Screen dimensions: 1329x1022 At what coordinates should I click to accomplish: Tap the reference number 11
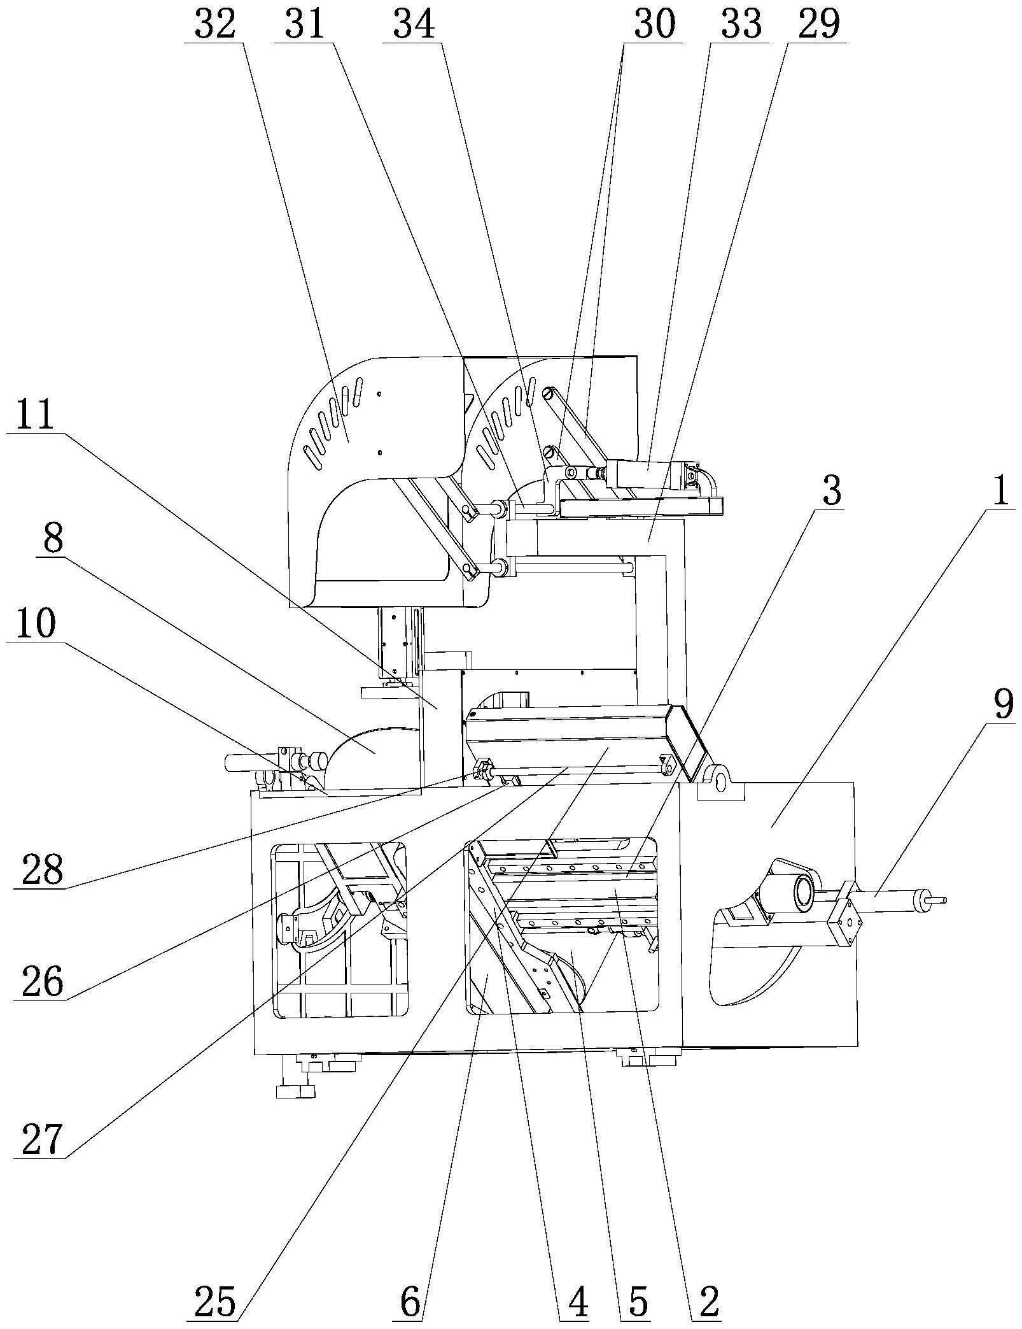click(36, 416)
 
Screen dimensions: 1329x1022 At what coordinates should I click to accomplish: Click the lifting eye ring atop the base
click(720, 780)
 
